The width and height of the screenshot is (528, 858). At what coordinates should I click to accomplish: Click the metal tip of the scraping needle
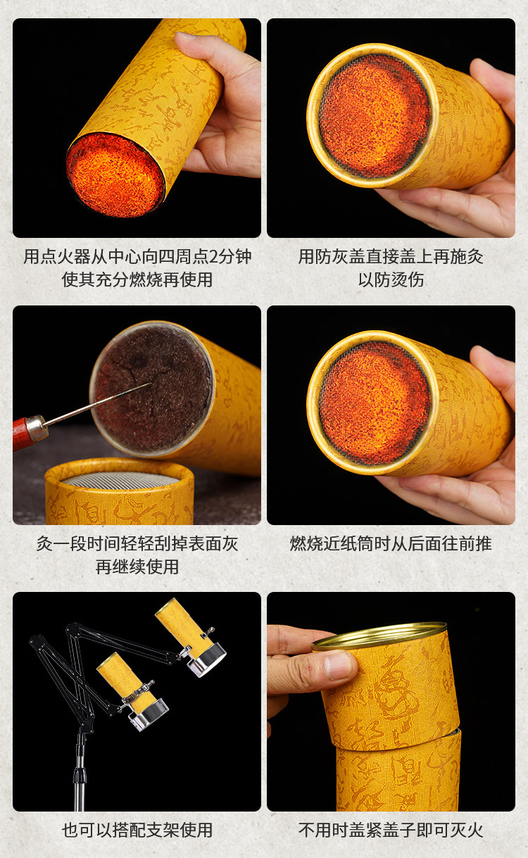pos(150,384)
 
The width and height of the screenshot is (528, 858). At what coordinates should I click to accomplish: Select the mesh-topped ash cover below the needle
pos(120,491)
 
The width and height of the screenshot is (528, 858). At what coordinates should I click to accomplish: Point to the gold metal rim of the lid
pos(379,636)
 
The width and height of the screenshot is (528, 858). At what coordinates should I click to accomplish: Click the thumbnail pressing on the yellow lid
pos(339,666)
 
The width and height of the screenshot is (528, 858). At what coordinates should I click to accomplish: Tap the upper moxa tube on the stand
pos(182,624)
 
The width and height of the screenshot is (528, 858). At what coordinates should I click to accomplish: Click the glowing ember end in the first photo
pos(115,175)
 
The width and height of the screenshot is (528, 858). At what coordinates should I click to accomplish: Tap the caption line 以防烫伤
pos(391,279)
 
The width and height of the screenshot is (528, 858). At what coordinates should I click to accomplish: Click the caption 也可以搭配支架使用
pos(137,830)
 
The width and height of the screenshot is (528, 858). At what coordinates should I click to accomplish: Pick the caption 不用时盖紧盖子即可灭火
pos(391,830)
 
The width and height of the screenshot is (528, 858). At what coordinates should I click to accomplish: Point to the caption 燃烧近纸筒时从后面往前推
pos(391,543)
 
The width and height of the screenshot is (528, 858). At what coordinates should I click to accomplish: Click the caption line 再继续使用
pos(137,567)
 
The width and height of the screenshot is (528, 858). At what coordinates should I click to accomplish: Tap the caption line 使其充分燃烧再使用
pos(137,279)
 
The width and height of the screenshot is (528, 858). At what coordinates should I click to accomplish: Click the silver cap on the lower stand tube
pos(149,714)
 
